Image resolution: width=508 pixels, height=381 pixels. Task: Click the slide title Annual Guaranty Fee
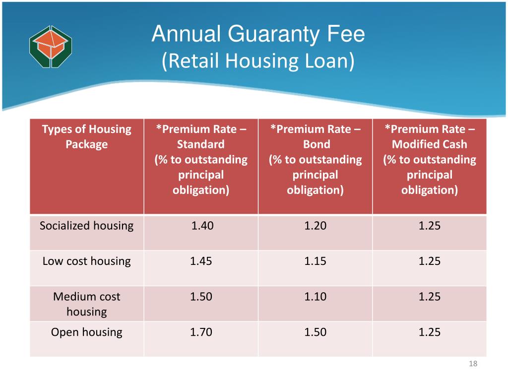tap(258, 34)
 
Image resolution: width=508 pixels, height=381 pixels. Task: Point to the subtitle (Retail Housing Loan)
tap(258, 61)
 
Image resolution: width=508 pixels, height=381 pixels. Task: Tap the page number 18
tap(472, 365)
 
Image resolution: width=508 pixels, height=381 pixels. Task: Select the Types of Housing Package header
tap(87, 137)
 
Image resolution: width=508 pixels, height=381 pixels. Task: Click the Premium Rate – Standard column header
tap(201, 159)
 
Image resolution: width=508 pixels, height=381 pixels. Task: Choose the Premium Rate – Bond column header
tap(316, 159)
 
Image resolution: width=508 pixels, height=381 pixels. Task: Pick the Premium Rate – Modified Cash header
tap(430, 159)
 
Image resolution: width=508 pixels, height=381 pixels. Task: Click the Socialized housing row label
tap(87, 226)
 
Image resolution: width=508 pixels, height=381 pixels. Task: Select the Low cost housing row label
tap(87, 261)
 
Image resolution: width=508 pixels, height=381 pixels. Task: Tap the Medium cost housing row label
tap(87, 304)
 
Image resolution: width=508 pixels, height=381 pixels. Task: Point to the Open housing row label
tap(87, 332)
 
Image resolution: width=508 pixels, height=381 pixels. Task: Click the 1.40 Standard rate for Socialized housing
tap(202, 226)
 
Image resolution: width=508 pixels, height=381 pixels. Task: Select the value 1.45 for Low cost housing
tap(201, 261)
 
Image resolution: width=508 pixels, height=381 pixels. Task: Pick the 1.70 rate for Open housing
tap(201, 332)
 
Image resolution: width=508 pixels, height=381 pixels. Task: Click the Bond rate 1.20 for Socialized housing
tap(316, 226)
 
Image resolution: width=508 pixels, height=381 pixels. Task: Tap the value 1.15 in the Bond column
tap(316, 261)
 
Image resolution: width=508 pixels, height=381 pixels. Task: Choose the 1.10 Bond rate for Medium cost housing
tap(316, 297)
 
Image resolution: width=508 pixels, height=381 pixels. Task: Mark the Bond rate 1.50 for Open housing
tap(316, 332)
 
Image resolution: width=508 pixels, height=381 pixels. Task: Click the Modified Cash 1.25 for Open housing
tap(430, 332)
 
